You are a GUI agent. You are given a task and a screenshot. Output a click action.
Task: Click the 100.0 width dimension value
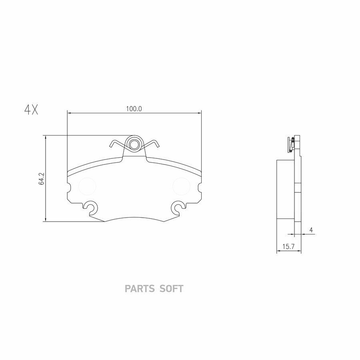(x=134, y=108)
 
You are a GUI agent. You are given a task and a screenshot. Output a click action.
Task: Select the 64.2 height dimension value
(x=42, y=179)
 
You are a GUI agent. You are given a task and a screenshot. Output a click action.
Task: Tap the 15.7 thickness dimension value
(x=288, y=247)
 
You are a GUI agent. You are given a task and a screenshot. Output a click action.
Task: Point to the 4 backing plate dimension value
(x=311, y=230)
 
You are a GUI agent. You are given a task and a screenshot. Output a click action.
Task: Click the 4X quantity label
(x=31, y=110)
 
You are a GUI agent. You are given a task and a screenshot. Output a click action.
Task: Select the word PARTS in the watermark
(x=140, y=288)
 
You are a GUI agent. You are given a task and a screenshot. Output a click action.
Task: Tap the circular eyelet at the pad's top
(x=134, y=144)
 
